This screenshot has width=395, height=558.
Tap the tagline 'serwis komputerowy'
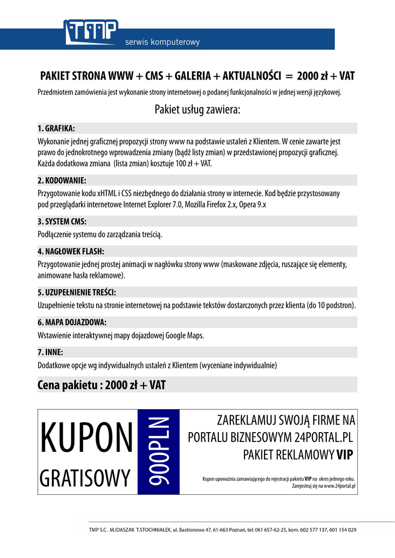click(163, 42)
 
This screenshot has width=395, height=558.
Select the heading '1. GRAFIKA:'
click(56, 129)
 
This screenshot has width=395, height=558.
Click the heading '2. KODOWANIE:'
click(62, 180)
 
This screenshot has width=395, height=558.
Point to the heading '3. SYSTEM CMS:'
click(62, 222)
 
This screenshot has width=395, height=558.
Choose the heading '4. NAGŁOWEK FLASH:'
click(71, 252)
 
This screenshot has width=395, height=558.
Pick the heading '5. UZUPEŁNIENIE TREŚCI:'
click(77, 292)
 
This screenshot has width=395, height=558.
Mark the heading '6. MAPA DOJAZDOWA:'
click(71, 322)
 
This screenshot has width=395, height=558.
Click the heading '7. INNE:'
click(50, 352)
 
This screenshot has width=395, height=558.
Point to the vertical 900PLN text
click(159, 452)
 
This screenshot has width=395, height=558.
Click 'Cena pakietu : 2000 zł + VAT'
click(101, 385)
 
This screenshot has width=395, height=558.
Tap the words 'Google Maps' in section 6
click(184, 336)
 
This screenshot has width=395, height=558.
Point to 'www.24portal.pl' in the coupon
click(340, 485)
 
